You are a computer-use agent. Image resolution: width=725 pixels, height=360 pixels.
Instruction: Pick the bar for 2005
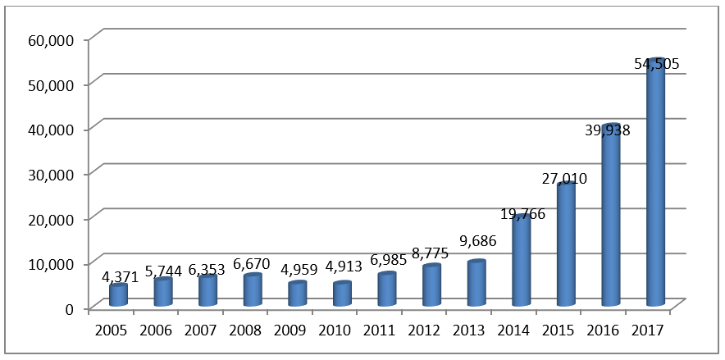(119, 296)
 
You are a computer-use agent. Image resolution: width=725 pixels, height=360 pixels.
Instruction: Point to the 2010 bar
(343, 295)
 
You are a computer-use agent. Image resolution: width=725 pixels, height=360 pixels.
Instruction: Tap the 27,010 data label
(563, 178)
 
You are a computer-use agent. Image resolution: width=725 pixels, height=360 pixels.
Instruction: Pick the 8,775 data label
(429, 253)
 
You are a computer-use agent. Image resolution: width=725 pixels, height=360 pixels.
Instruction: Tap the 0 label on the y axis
(70, 308)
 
